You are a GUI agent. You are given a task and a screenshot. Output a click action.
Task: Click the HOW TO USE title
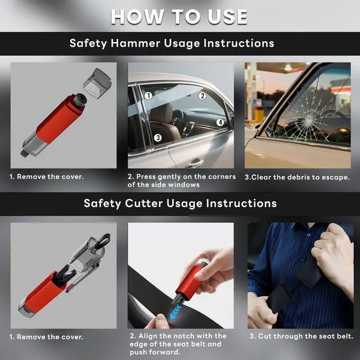[179, 16]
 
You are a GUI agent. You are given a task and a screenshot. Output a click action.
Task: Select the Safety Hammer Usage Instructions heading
[172, 43]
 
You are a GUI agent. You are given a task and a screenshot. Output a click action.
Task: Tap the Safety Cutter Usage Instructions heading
[180, 203]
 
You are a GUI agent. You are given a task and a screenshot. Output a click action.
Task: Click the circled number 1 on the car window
[148, 96]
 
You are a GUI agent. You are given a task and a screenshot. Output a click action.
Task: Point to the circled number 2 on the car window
[202, 96]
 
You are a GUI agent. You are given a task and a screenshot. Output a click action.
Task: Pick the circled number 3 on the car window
[157, 137]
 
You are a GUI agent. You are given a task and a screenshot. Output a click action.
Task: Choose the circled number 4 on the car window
[220, 122]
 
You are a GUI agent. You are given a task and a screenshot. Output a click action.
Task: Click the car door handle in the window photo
[195, 163]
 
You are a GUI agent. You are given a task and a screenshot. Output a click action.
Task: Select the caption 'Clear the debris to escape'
[297, 177]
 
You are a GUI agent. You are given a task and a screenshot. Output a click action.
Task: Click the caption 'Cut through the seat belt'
[301, 336]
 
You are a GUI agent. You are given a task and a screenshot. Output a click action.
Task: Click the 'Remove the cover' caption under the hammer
[47, 177]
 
